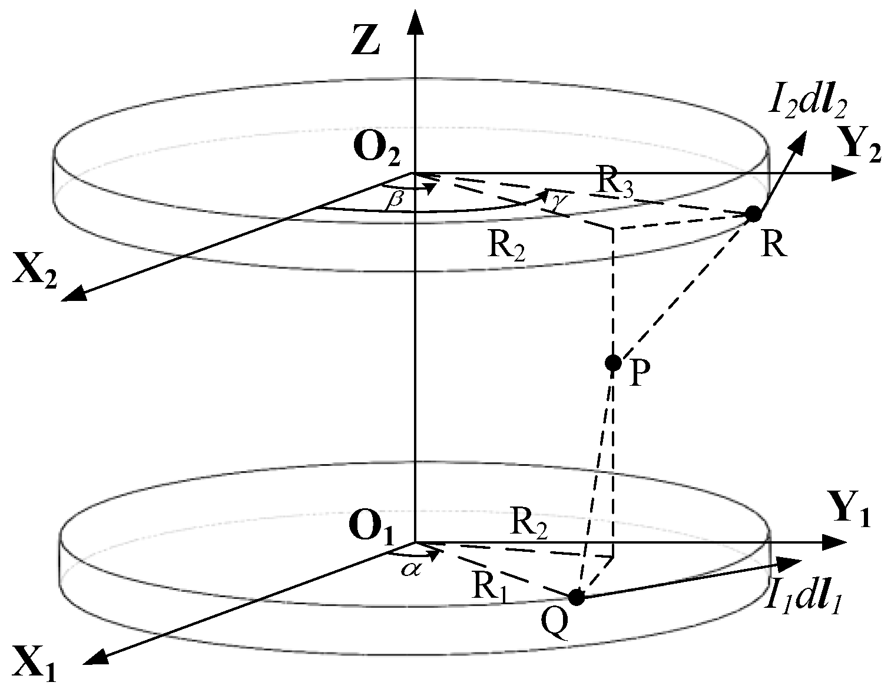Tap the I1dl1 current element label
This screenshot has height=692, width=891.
click(x=803, y=601)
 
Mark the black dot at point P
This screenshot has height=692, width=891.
click(x=613, y=362)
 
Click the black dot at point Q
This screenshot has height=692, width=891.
click(x=577, y=597)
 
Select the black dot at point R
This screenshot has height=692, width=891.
click(x=753, y=214)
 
